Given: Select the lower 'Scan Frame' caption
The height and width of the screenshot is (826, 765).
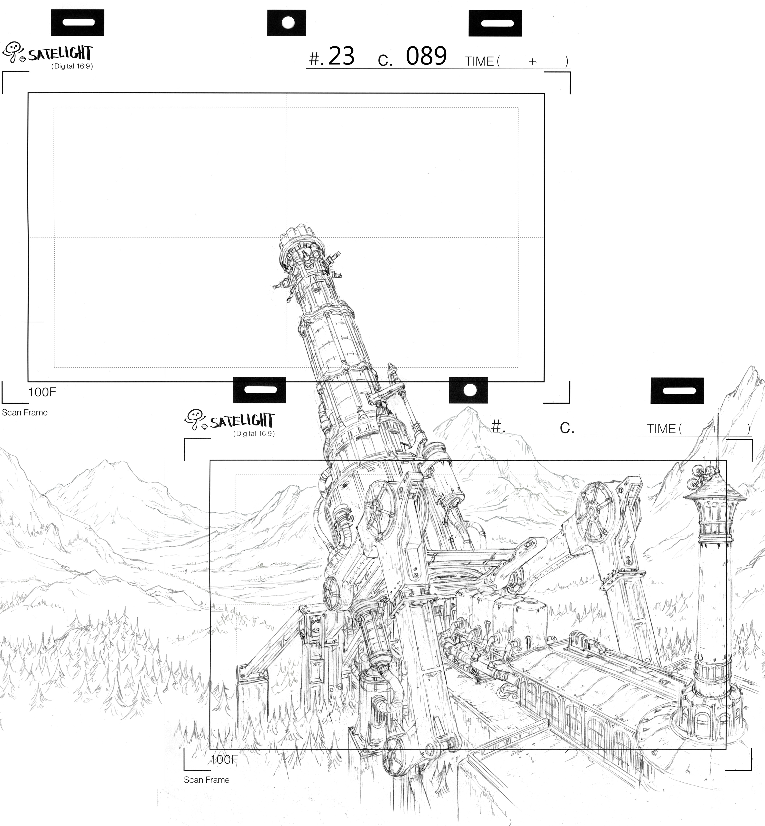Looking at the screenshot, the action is point(207,780).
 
